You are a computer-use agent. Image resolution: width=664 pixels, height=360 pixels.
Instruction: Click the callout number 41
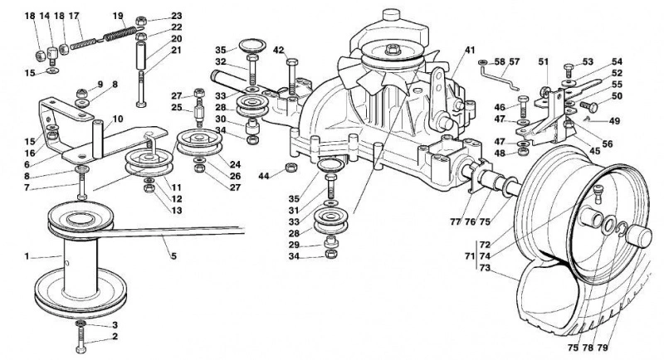pos(470,50)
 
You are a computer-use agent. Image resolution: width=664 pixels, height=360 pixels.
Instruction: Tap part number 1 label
pos(27,256)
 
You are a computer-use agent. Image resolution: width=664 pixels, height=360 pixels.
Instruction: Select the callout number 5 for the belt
pos(173,256)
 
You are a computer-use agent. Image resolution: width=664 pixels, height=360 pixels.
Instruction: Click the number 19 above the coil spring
pos(118,16)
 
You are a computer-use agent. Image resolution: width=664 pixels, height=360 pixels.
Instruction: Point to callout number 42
pos(278,50)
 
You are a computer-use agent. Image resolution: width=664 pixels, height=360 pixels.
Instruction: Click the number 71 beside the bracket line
pos(470,256)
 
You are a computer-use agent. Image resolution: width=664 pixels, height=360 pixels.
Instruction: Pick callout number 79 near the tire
pos(603,348)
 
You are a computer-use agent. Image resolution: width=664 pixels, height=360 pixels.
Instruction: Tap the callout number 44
pos(264,176)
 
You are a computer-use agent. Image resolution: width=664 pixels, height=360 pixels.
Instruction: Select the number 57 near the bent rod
pos(514,61)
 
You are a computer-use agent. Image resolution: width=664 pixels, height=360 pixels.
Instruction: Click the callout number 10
pos(118,119)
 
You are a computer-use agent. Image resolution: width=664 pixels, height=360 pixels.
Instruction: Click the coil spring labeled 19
pos(120,33)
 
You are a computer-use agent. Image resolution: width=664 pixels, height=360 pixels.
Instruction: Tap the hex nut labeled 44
pos(290,167)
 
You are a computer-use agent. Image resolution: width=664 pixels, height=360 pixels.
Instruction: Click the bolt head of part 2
pos(81,349)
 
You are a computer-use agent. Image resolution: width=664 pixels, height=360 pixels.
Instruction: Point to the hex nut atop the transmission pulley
pos(393,49)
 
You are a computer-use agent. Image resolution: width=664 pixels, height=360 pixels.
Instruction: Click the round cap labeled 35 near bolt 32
pos(252,46)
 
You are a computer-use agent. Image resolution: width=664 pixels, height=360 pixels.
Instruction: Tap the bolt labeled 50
pos(589,106)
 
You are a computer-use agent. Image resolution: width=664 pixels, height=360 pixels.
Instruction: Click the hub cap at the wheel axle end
pos(637,236)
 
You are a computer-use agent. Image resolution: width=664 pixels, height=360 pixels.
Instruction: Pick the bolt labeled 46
pos(523,106)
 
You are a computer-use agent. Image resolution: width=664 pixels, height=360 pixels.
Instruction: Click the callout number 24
pos(235,164)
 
